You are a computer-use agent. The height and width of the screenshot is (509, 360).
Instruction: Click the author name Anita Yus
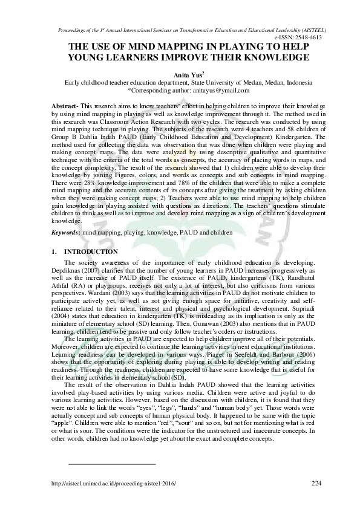(x=178, y=74)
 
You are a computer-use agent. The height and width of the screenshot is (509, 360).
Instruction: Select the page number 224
(x=316, y=483)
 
